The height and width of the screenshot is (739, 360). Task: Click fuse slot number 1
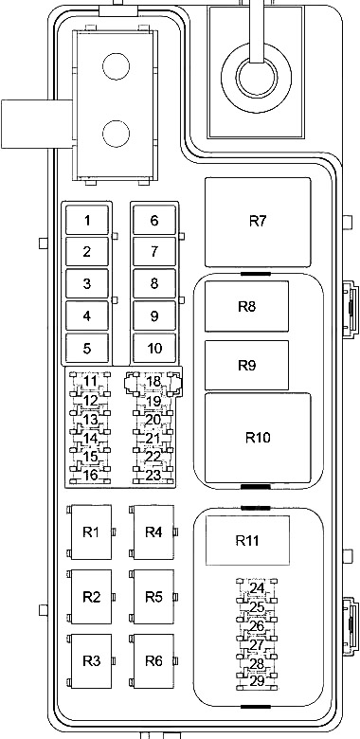coord(87,220)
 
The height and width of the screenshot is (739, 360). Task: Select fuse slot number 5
coord(87,349)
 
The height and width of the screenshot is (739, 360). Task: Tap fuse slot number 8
coord(154,283)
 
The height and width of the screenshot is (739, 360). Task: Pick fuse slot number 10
coord(154,349)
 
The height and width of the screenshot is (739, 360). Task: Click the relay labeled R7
coord(258,222)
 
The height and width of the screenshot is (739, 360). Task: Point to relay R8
coord(246,306)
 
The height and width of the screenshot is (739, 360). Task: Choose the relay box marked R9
coord(246,366)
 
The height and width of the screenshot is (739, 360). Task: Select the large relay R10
coord(258,438)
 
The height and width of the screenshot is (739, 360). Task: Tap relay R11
coord(247,540)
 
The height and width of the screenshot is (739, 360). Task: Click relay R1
coord(91,532)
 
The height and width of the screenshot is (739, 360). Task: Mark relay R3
coord(91,660)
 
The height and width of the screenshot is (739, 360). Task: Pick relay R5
coord(153,597)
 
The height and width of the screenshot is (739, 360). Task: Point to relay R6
coord(153,660)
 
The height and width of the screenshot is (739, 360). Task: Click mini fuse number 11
coord(90,381)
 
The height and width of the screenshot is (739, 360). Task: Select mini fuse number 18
coord(153,382)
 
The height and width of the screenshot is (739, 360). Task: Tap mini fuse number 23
coord(153,476)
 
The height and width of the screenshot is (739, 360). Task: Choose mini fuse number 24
coord(257,588)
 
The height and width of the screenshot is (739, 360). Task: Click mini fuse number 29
coord(257,681)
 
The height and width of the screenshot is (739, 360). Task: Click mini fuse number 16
coord(90,475)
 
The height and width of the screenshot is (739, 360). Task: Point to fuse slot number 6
coord(154,220)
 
